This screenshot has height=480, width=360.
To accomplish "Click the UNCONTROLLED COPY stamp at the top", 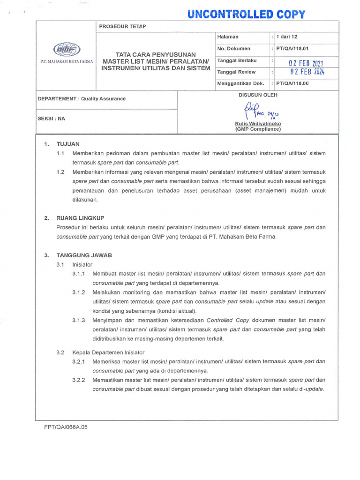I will [x=246, y=14].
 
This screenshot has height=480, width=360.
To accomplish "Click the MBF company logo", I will [x=67, y=49].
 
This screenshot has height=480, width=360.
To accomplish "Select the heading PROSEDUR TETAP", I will [x=122, y=26].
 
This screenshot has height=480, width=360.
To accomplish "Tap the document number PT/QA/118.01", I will [x=293, y=49].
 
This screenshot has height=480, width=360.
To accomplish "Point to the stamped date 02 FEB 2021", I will [x=306, y=63].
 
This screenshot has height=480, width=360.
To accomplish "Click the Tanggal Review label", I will [x=236, y=72].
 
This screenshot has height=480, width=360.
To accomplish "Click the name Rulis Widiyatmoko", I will [x=258, y=124].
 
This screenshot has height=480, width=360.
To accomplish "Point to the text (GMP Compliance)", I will [x=258, y=129].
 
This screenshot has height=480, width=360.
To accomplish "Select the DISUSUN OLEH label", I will [x=258, y=95].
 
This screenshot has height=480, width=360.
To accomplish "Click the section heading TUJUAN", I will [x=68, y=144].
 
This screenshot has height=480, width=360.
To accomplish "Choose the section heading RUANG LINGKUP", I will [x=80, y=218].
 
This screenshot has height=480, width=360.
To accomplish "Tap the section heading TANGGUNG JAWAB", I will [x=84, y=255].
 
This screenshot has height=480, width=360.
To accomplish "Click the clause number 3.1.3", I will [x=79, y=320].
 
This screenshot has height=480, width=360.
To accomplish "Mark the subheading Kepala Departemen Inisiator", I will [x=108, y=352].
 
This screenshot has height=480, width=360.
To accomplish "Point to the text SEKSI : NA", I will [x=51, y=119].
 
